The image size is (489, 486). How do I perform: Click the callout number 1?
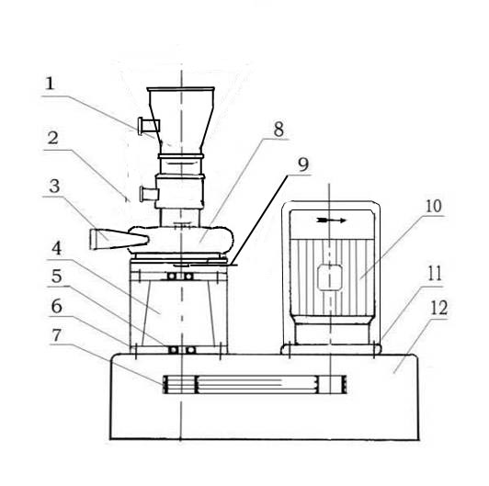50,84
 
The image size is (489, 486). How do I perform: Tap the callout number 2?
53,138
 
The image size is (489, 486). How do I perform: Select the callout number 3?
54,186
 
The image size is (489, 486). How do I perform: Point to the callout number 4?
56,249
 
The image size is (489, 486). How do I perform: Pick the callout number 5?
56,277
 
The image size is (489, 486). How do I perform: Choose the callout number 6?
56,307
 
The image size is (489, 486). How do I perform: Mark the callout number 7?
56,335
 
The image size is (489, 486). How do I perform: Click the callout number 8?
279,129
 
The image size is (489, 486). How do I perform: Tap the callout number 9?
303,164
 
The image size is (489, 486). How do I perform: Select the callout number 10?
434,206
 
